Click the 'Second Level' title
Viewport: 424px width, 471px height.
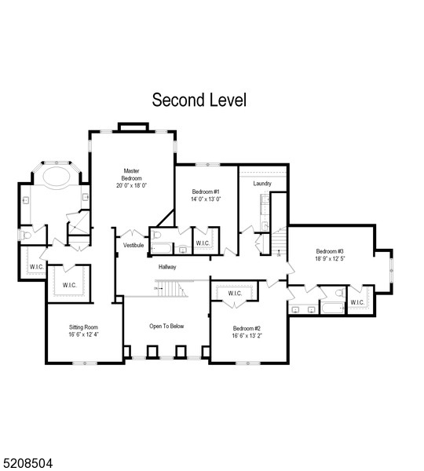click(199, 100)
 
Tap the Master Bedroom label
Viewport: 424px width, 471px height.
click(131, 177)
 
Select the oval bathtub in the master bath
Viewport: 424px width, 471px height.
click(54, 175)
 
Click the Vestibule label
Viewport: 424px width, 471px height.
click(133, 246)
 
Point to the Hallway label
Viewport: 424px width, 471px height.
click(166, 267)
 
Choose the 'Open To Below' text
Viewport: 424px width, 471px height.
click(166, 326)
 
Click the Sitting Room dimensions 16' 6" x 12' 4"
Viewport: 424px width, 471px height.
click(83, 334)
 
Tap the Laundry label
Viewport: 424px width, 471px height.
click(262, 184)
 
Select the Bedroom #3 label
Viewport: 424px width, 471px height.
click(331, 251)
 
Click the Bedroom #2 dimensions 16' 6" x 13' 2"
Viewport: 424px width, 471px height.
click(246, 336)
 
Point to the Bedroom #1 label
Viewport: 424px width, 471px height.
click(206, 192)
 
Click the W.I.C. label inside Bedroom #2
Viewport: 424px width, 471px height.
click(235, 294)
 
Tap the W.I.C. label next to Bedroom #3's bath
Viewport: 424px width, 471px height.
click(357, 302)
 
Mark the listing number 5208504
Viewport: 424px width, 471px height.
click(27, 464)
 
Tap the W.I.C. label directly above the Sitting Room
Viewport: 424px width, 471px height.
click(68, 285)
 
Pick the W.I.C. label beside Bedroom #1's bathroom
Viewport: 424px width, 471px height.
click(202, 243)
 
